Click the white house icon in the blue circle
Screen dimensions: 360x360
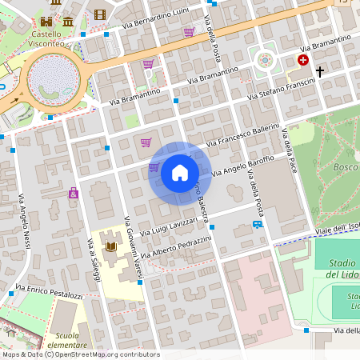point(180,173)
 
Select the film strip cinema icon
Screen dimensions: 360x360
point(100,14)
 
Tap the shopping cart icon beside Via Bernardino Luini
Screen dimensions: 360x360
point(189,32)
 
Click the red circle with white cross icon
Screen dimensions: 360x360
point(303,60)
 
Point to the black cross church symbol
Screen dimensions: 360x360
point(320,72)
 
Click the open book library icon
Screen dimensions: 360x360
point(110,249)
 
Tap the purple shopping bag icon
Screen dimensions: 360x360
point(74,194)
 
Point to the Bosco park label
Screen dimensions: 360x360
point(346,167)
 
